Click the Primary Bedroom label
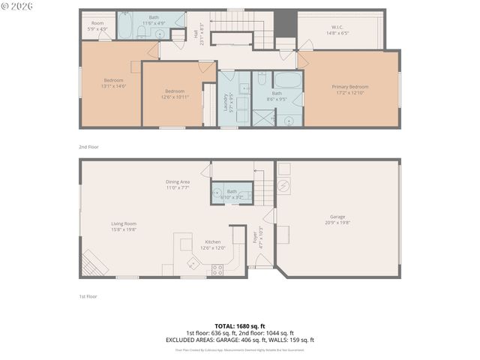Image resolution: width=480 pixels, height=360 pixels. point(350,87)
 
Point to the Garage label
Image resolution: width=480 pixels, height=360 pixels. point(337,217)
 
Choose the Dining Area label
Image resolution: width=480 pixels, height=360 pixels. point(177,182)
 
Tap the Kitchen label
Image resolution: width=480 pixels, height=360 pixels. point(213,242)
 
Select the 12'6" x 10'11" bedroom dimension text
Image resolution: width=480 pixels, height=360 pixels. point(174,97)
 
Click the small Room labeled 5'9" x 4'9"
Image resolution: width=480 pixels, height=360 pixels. point(97,24)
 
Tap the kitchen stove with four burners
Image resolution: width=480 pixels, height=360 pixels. point(217,270)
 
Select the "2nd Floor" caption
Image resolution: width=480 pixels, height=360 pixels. point(88,147)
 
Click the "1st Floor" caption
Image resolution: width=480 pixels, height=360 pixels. point(88,296)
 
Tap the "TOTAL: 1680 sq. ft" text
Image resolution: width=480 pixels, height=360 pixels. point(240,326)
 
